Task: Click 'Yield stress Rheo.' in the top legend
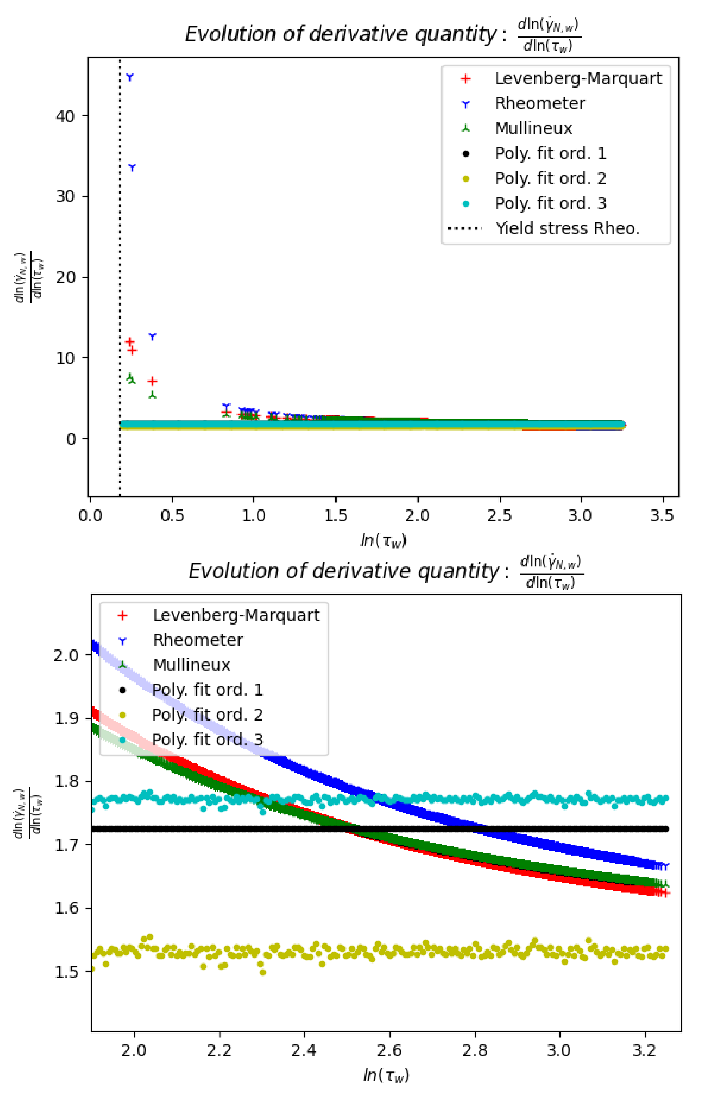click(567, 228)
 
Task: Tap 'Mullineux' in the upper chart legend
click(534, 129)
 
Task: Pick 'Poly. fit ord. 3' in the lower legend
click(208, 740)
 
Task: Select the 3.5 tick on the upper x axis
click(662, 516)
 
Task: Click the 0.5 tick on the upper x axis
click(172, 516)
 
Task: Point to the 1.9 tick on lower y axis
click(67, 719)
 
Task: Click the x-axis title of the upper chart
click(383, 540)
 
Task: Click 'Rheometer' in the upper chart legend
click(540, 104)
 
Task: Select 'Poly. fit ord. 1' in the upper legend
click(551, 154)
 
